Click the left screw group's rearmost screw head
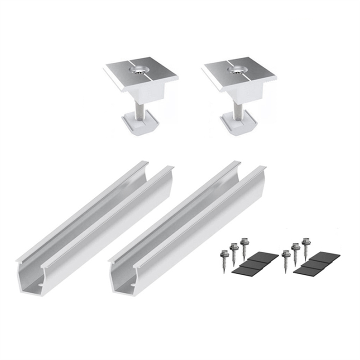pyautogui.click(x=244, y=242)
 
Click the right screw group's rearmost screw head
pyautogui.click(x=304, y=242)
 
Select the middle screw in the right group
pyautogui.click(x=295, y=246)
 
